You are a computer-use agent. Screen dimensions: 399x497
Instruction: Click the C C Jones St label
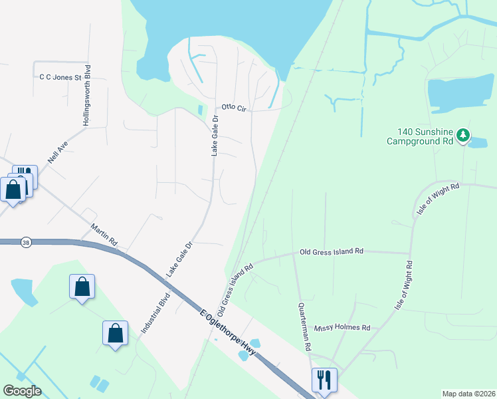point(59,78)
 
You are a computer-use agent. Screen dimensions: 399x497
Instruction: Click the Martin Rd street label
point(104,232)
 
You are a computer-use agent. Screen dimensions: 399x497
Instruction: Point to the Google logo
point(22,390)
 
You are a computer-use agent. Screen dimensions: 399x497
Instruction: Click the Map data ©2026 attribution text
point(468,394)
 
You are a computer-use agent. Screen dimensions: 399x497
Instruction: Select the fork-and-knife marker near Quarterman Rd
point(324,381)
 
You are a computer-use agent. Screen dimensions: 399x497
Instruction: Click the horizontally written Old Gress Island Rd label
point(332,251)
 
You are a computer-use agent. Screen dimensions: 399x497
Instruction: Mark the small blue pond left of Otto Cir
point(201,110)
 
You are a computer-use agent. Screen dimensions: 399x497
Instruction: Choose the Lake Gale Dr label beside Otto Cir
point(215,136)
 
